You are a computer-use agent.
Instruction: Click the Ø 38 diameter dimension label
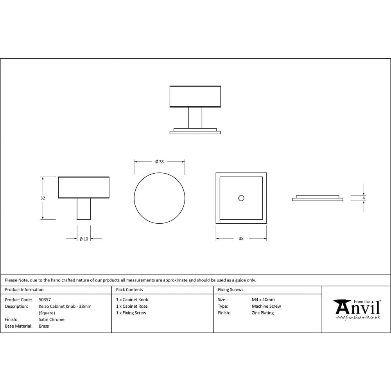(159, 161)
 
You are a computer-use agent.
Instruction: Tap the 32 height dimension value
(43, 198)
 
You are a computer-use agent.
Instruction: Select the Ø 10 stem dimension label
(84, 239)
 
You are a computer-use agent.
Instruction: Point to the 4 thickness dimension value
(364, 198)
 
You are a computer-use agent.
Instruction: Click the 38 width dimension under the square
(241, 239)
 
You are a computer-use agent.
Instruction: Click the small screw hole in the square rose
(241, 198)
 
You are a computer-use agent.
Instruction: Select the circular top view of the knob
(160, 198)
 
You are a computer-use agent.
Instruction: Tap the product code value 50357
(45, 300)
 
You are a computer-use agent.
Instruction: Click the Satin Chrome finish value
(52, 319)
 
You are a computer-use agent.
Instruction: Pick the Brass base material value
(44, 326)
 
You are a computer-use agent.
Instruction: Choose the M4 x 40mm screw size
(263, 300)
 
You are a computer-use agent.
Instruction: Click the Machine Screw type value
(266, 306)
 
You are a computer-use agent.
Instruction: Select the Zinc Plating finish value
(263, 313)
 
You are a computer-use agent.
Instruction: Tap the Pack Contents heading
(129, 290)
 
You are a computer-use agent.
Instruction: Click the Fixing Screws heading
(230, 290)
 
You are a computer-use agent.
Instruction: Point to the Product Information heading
(24, 290)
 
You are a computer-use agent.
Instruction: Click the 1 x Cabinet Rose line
(132, 306)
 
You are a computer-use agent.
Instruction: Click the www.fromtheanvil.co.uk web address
(357, 317)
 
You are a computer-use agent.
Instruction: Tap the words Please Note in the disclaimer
(16, 280)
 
